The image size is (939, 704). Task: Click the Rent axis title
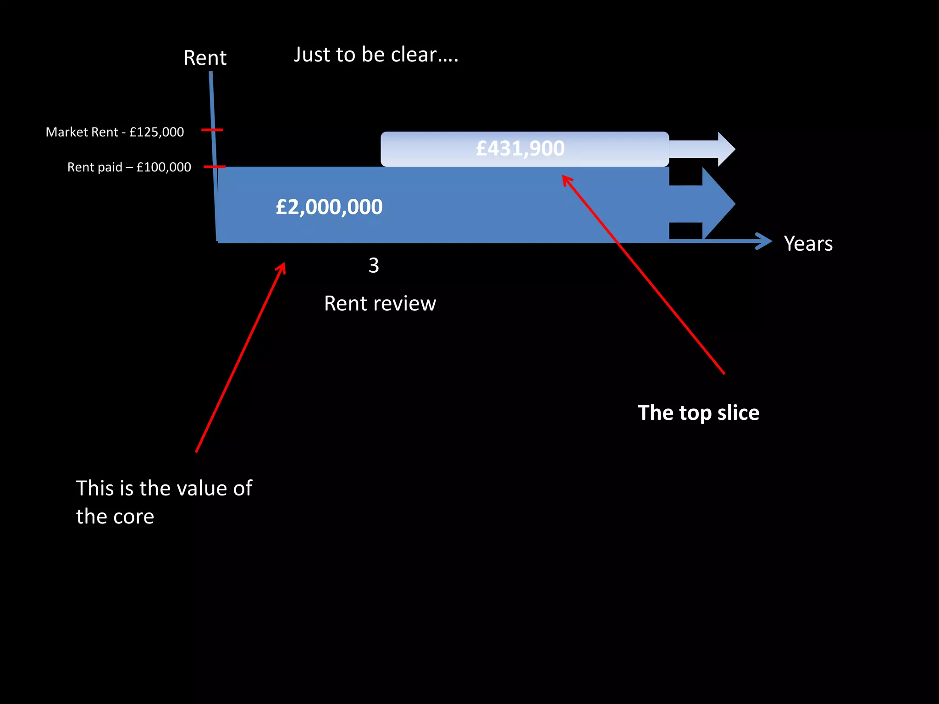pyautogui.click(x=205, y=58)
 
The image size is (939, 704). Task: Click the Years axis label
pyautogui.click(x=808, y=243)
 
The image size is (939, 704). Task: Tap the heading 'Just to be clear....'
pyautogui.click(x=376, y=55)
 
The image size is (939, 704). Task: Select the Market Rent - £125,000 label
pyautogui.click(x=115, y=132)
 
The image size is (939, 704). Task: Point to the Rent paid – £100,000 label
pyautogui.click(x=129, y=167)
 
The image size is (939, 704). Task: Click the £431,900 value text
pyautogui.click(x=520, y=148)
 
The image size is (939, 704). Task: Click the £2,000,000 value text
pyautogui.click(x=329, y=207)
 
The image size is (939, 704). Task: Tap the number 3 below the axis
pyautogui.click(x=374, y=265)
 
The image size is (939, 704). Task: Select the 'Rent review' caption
pyautogui.click(x=380, y=303)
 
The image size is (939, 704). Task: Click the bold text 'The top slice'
pyautogui.click(x=698, y=412)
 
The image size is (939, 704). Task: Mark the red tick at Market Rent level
pyautogui.click(x=212, y=130)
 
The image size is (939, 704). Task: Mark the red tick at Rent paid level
pyautogui.click(x=214, y=167)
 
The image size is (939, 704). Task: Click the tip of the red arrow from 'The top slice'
pyautogui.click(x=564, y=176)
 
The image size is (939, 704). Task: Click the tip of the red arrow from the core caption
pyautogui.click(x=284, y=264)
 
